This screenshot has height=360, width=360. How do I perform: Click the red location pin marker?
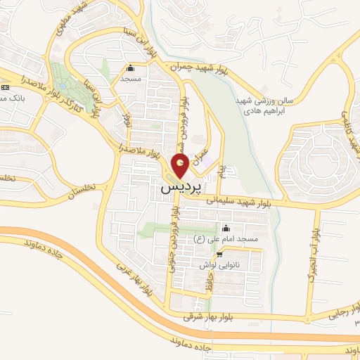click(180, 167)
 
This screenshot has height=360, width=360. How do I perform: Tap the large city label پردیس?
click(181, 189)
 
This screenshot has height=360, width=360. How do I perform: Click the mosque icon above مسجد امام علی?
click(226, 229)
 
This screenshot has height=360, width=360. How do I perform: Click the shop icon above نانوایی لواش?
click(220, 255)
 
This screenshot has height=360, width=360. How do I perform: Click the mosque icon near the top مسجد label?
click(130, 69)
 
